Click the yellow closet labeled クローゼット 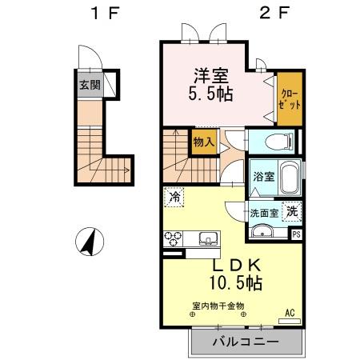(289, 100)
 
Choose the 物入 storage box (203, 142)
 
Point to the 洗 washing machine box (294, 212)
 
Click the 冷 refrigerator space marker (174, 196)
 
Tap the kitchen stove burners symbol (174, 238)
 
